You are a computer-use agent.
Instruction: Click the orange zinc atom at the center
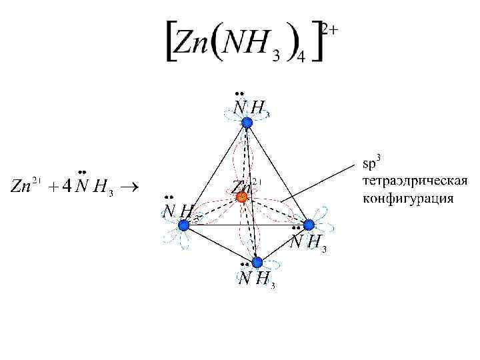point(242,197)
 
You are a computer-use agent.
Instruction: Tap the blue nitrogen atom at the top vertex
point(247,123)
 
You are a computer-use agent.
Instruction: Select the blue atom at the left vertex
point(183,226)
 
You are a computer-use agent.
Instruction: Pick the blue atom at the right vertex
point(308,225)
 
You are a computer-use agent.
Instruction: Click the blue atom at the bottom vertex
point(257,262)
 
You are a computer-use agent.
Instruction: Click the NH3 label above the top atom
point(252,107)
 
